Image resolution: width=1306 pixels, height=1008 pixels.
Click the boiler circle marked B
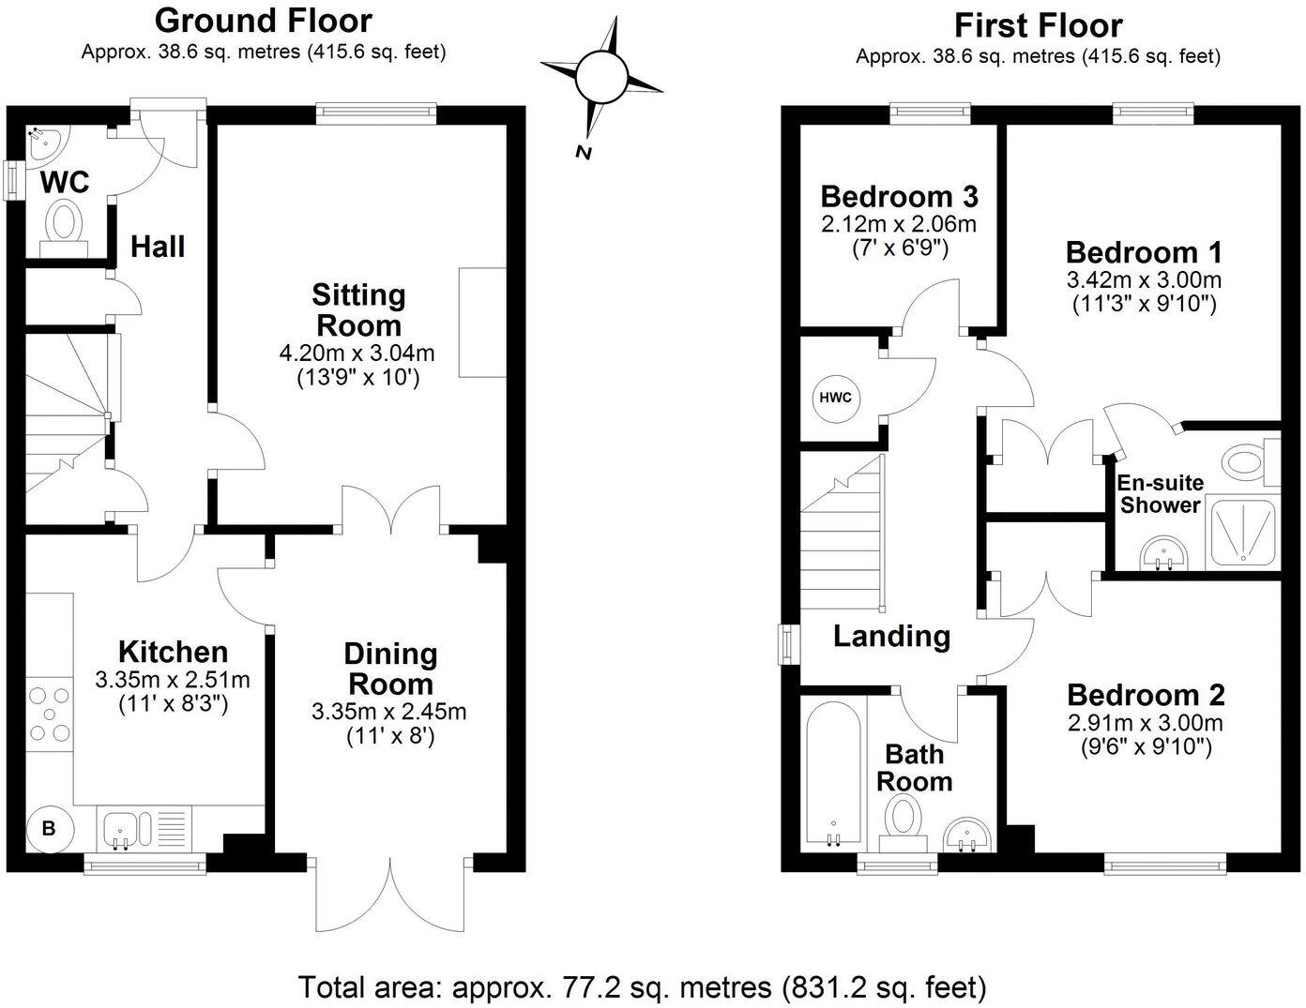click(x=49, y=829)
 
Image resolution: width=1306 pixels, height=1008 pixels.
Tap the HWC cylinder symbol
click(x=835, y=398)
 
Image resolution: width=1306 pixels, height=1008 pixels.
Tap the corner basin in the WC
click(x=44, y=143)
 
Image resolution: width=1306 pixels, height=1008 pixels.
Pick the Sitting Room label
click(x=358, y=310)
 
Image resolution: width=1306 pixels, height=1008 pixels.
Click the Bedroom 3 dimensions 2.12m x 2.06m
click(x=899, y=224)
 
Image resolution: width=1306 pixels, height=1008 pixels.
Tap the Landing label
click(x=891, y=637)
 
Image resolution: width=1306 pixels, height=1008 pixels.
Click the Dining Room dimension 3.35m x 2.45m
click(x=388, y=712)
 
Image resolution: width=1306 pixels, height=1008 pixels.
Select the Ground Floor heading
click(x=263, y=20)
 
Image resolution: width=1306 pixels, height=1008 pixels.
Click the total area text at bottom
click(x=643, y=987)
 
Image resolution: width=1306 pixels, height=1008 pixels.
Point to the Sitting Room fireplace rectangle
click(x=482, y=323)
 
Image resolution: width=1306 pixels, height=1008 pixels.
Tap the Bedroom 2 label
click(x=1146, y=696)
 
